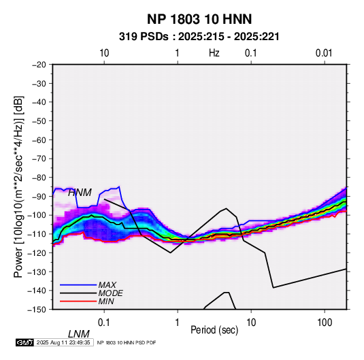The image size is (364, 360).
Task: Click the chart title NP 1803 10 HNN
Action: [x=199, y=19]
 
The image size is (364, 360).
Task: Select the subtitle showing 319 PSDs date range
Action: [x=199, y=37]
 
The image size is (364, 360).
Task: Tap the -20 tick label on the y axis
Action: [x=39, y=65]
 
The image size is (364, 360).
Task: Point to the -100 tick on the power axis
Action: [x=37, y=215]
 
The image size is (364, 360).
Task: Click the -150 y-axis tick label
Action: [x=37, y=310]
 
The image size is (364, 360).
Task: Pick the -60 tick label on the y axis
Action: [x=39, y=140]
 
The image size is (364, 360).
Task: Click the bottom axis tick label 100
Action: [x=325, y=323]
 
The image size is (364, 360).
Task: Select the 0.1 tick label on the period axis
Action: [x=104, y=323]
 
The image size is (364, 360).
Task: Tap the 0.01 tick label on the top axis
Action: [x=324, y=53]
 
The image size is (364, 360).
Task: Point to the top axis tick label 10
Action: [x=104, y=53]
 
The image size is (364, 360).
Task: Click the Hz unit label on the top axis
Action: [x=214, y=53]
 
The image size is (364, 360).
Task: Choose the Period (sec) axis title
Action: [x=214, y=330]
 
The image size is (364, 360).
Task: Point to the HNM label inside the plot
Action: [x=80, y=193]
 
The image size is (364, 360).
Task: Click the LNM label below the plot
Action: [x=78, y=334]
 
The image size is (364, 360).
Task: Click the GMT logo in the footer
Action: [x=24, y=342]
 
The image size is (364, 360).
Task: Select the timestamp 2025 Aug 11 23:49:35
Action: [x=63, y=342]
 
